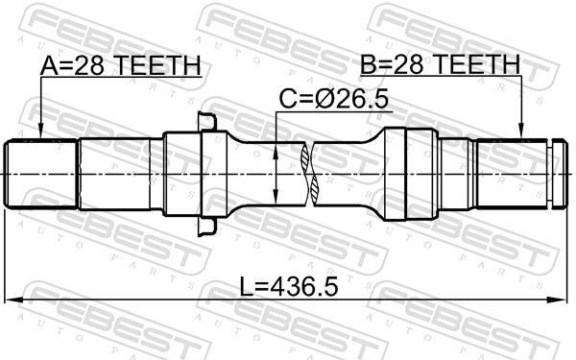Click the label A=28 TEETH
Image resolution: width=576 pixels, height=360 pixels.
[121, 65]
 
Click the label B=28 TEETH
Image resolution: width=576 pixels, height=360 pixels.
[440, 64]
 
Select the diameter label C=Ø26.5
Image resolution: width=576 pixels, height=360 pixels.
[333, 99]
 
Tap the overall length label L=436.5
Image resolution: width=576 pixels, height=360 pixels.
[289, 286]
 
